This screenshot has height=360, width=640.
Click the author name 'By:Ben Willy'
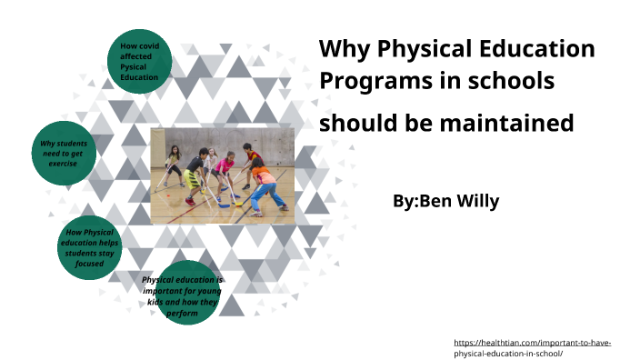[x=445, y=201]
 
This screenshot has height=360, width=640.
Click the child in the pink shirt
[x=225, y=170]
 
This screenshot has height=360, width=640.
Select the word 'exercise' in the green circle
[x=63, y=164]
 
